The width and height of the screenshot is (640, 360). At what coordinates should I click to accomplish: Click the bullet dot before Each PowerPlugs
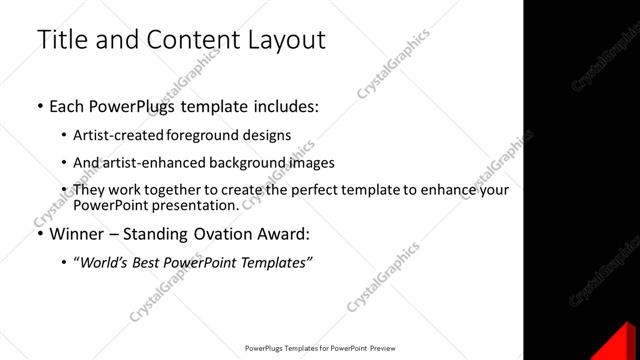tap(40, 105)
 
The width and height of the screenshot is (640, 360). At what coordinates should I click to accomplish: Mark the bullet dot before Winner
tap(40, 235)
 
